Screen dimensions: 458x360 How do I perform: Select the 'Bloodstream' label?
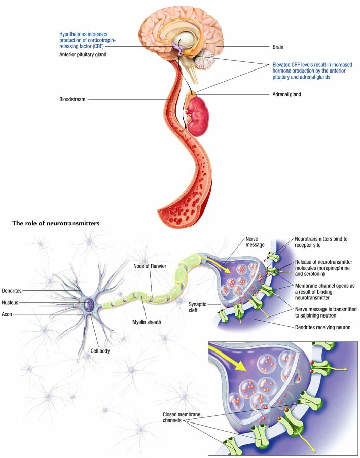(73, 99)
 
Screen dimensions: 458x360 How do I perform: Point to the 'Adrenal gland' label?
(287, 94)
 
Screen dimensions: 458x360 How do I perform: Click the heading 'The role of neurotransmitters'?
(56, 223)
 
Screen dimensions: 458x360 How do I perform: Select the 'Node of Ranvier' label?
(150, 266)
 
